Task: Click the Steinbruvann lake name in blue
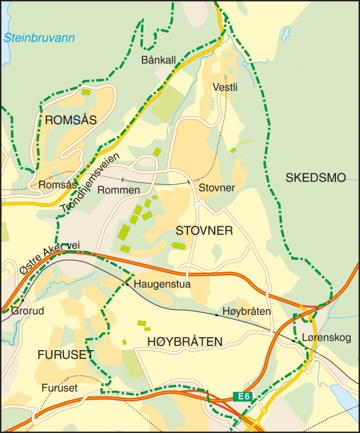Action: point(39,38)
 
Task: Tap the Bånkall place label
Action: point(158,60)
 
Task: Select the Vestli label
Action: point(225,87)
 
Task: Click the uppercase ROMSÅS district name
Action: point(71,121)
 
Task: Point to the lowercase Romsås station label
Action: point(57,185)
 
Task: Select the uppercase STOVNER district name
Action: point(204,231)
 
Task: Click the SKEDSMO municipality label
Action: point(315,178)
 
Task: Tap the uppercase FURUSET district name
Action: point(65,354)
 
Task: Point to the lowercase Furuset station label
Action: point(60,388)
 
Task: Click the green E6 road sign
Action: point(243,396)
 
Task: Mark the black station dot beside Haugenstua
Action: point(124,285)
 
